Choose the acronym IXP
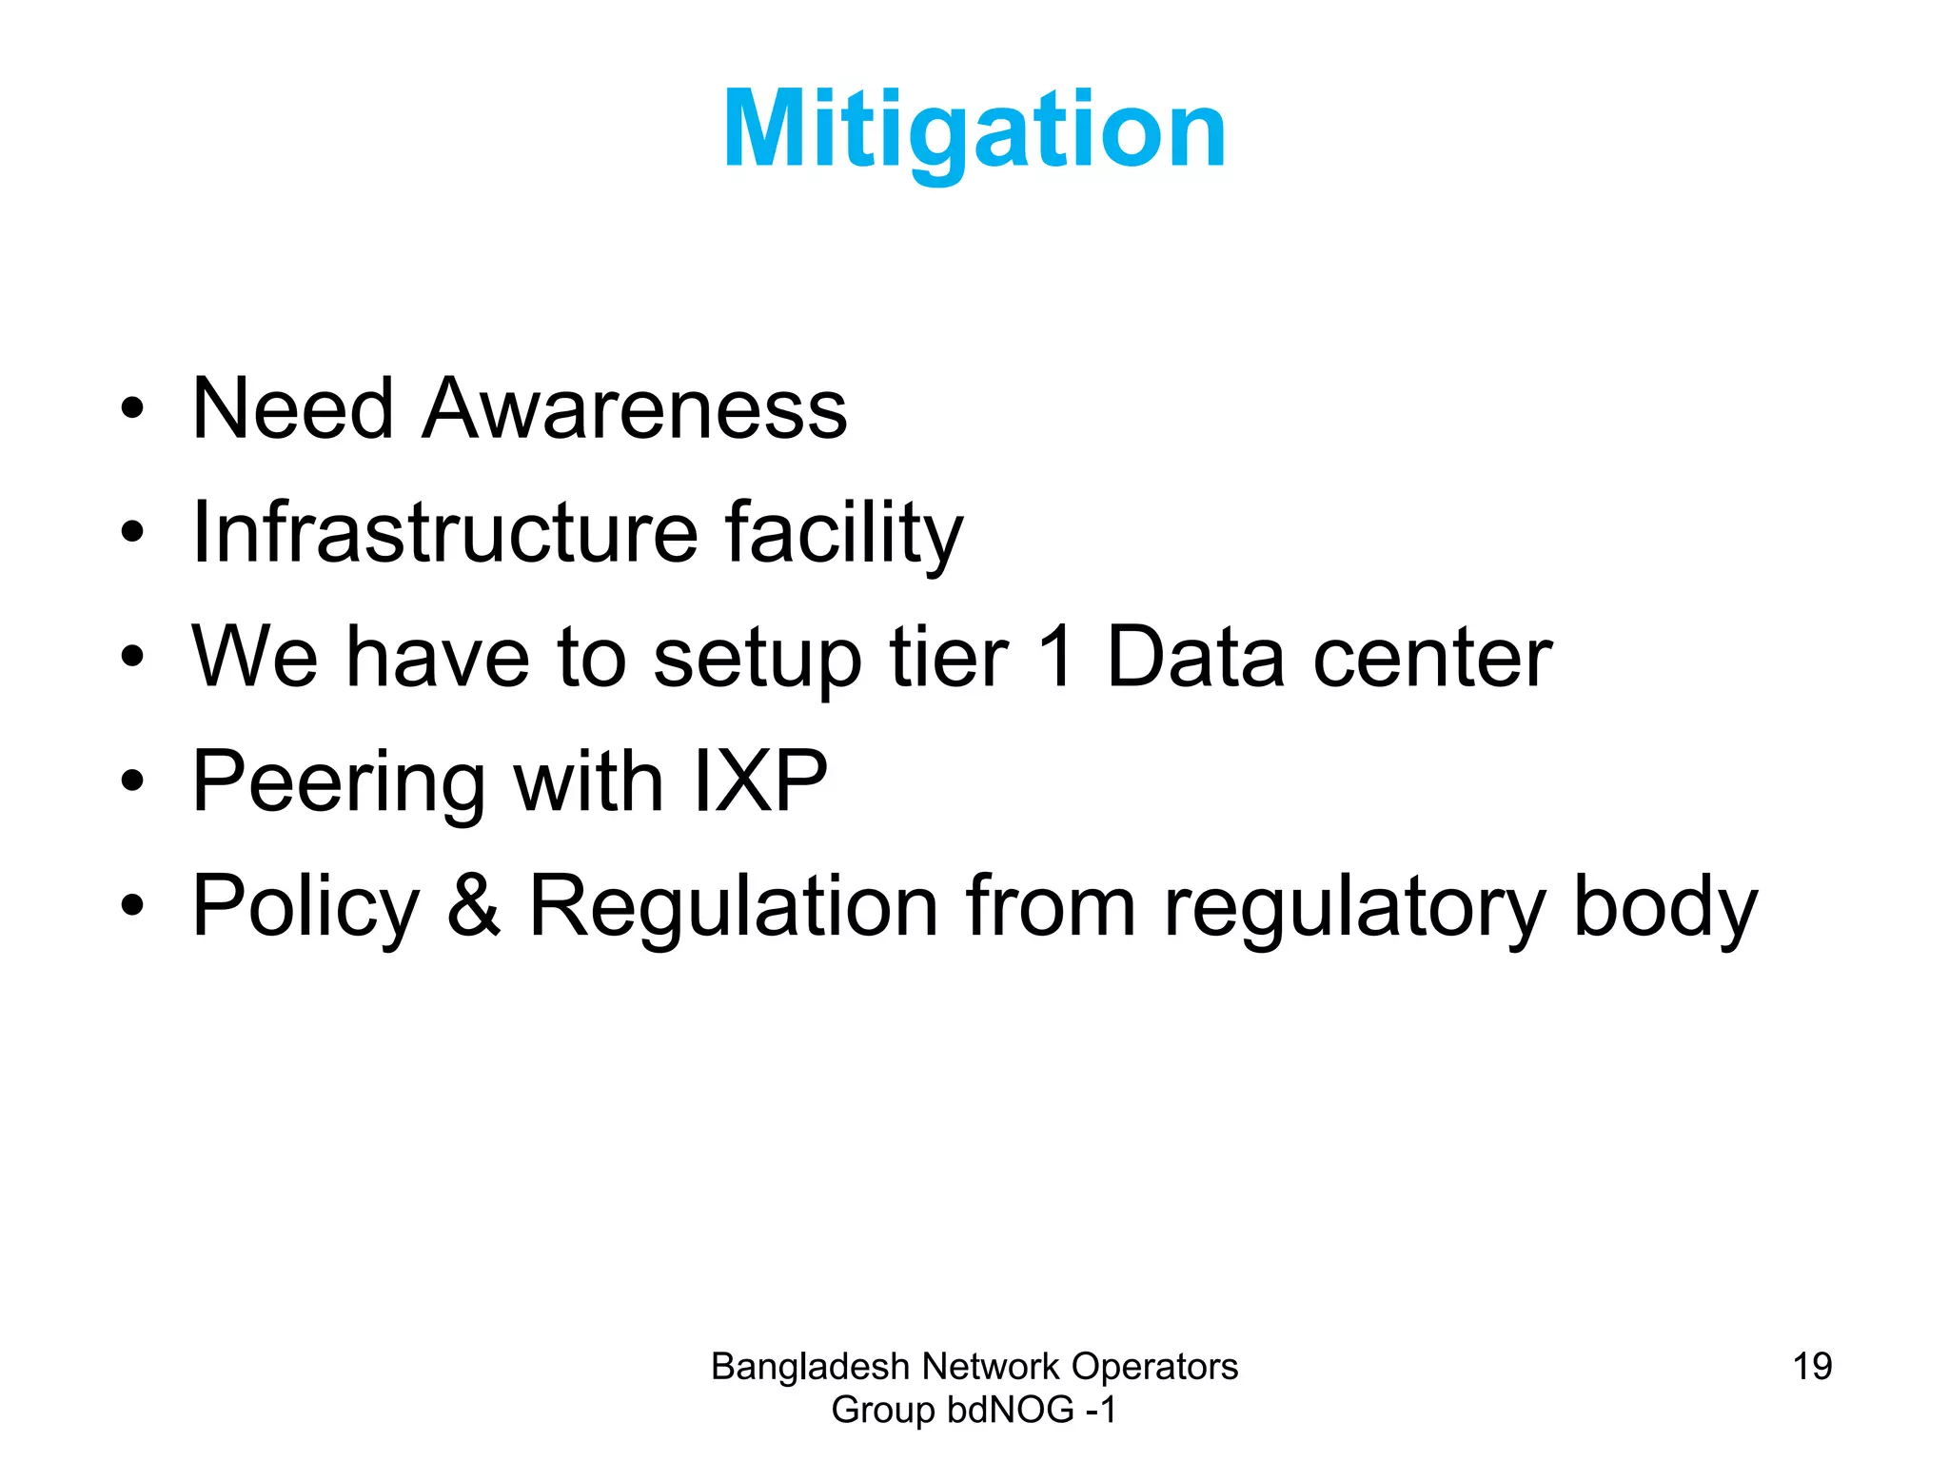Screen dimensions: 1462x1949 coord(760,781)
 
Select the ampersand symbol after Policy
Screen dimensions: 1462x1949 coord(473,905)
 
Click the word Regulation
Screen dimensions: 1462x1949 coord(734,906)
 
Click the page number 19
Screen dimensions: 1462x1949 coord(1812,1367)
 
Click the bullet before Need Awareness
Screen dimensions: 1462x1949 coord(132,410)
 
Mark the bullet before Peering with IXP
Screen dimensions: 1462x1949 coord(132,782)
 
